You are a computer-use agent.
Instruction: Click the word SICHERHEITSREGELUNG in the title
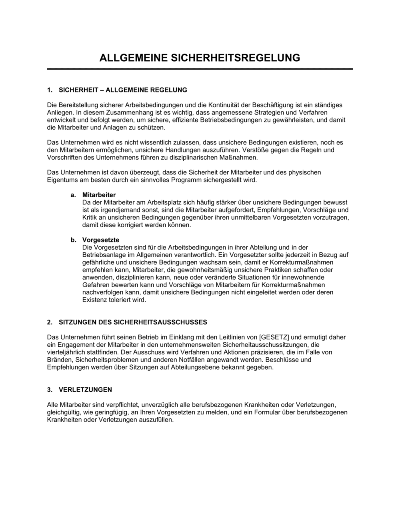(x=236, y=58)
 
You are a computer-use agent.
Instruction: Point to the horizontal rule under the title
(x=200, y=69)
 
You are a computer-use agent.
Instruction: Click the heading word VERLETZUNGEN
(x=85, y=390)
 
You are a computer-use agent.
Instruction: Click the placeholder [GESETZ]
(x=274, y=337)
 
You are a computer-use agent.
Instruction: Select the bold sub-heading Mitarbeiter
(x=99, y=195)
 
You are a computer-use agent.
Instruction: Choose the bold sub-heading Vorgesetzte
(x=101, y=240)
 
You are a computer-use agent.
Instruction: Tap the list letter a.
(x=73, y=195)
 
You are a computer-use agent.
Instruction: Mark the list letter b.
(x=73, y=240)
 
